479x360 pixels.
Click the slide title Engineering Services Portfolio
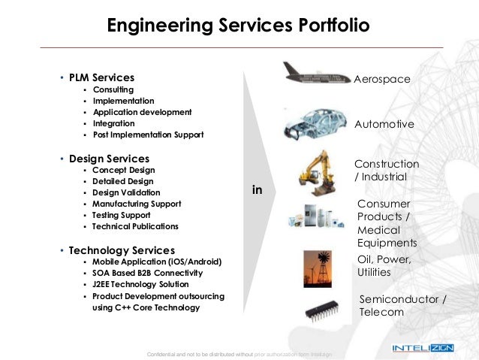click(239, 27)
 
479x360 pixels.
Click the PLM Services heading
click(101, 77)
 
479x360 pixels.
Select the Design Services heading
click(109, 159)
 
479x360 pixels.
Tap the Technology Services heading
click(122, 250)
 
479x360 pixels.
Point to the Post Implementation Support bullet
click(148, 135)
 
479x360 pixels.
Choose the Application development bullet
click(142, 112)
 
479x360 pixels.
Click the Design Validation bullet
click(126, 192)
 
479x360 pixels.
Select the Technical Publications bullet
click(135, 226)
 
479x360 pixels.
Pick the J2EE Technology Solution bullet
click(140, 285)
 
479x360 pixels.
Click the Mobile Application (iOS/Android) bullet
click(157, 262)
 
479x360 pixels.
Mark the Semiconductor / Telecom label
click(402, 306)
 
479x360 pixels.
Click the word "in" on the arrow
click(257, 191)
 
